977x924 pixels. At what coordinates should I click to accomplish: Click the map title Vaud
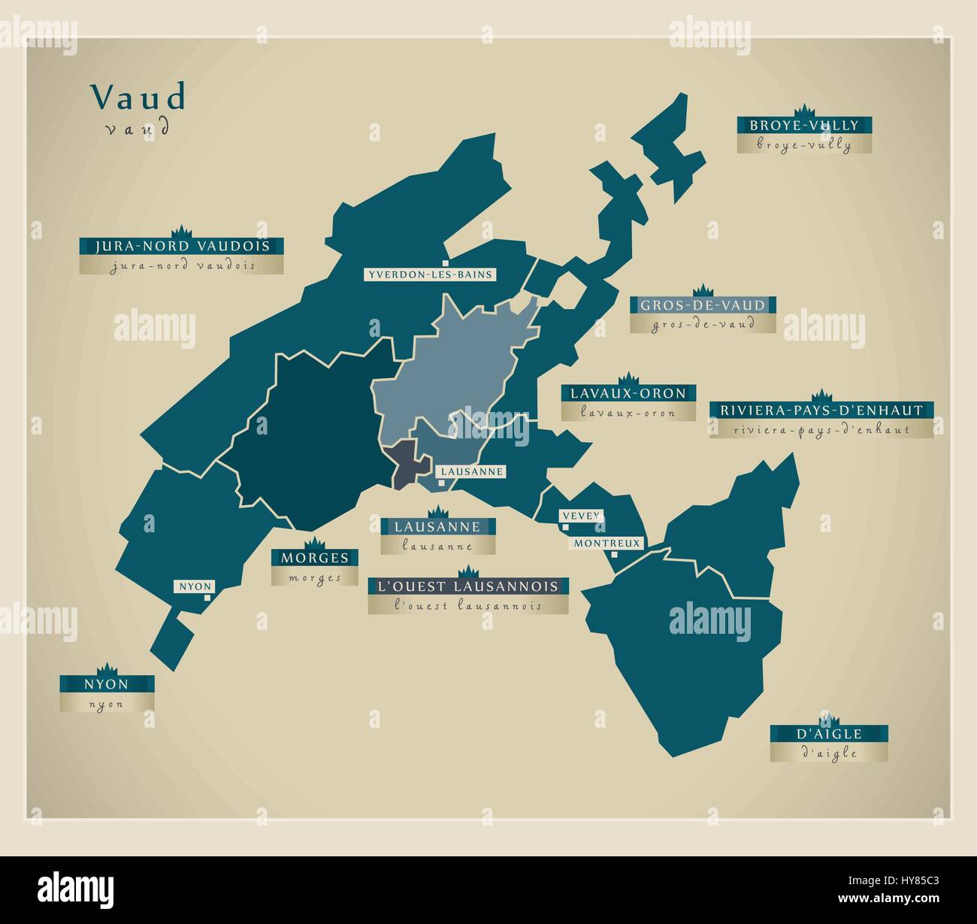(x=138, y=98)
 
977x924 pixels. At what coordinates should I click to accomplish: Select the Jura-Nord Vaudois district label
(x=181, y=246)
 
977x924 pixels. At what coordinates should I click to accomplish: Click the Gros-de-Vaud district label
(x=703, y=305)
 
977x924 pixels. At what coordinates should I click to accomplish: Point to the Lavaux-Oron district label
(x=628, y=392)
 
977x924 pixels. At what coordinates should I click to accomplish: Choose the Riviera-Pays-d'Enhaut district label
(x=821, y=410)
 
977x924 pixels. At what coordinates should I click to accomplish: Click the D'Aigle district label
(x=829, y=733)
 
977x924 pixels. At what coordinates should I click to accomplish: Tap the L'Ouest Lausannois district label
(x=467, y=586)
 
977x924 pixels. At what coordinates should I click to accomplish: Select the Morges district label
(x=315, y=557)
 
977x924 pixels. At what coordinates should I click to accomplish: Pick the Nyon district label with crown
(x=107, y=684)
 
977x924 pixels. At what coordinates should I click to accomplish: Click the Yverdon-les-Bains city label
(x=430, y=274)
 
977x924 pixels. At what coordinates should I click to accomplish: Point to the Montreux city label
(x=607, y=543)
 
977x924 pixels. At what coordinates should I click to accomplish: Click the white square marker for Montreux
(x=614, y=555)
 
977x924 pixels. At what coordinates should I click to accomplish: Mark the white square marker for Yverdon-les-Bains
(x=446, y=262)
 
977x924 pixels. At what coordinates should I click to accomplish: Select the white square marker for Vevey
(x=564, y=527)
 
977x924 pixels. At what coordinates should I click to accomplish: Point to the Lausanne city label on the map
(x=471, y=471)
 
